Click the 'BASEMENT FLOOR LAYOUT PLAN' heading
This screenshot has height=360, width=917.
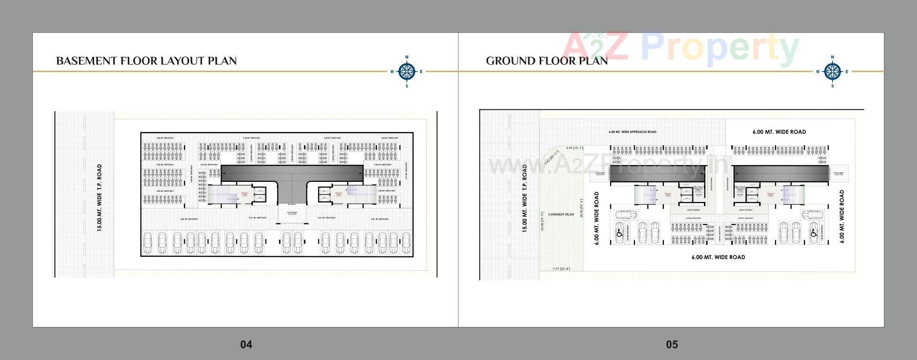click(x=146, y=61)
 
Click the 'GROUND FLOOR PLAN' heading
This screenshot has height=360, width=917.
click(x=547, y=61)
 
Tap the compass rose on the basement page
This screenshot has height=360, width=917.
click(x=406, y=72)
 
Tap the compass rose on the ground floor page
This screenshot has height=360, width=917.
click(x=832, y=72)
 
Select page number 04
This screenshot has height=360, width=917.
click(x=246, y=344)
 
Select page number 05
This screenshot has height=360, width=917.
click(x=672, y=344)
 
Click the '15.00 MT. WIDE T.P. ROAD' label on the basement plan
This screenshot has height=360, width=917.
click(x=99, y=198)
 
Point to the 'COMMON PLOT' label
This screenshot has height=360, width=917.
click(x=561, y=215)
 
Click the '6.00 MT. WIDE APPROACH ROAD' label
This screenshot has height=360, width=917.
click(x=632, y=132)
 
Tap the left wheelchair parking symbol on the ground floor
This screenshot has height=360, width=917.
click(x=619, y=233)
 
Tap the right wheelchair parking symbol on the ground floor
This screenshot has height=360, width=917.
click(x=813, y=233)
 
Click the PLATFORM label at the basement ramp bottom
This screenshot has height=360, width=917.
click(x=292, y=213)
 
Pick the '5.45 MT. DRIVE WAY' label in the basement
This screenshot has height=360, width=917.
click(x=258, y=218)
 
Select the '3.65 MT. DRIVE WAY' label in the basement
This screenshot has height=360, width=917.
click(x=327, y=218)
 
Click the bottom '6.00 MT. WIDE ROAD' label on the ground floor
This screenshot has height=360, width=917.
click(x=718, y=257)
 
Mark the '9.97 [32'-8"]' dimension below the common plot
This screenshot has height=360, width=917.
click(x=561, y=269)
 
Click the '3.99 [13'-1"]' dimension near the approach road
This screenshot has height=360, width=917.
click(x=574, y=148)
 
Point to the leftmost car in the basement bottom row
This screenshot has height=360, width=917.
click(x=148, y=243)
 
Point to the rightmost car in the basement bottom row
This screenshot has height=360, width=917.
click(x=406, y=243)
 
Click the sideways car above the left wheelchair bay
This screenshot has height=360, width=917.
click(x=626, y=215)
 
